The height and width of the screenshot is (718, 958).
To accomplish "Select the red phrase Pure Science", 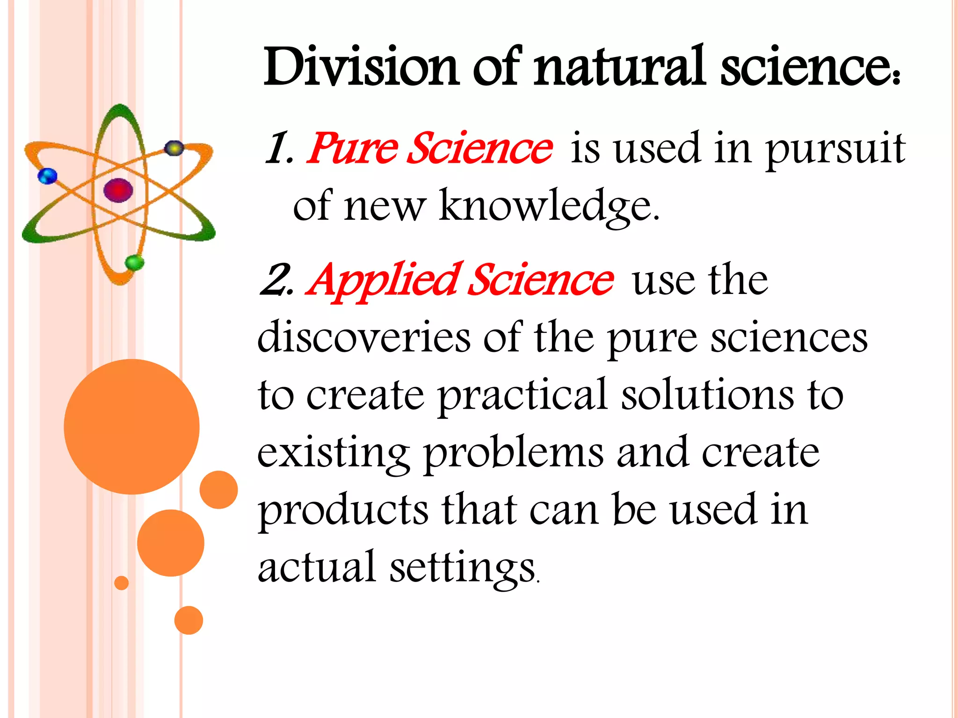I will tap(429, 149).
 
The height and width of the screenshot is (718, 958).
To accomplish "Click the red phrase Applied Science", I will tap(459, 280).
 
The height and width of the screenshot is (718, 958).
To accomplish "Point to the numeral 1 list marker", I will tap(278, 149).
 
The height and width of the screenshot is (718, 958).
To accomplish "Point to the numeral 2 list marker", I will tap(276, 280).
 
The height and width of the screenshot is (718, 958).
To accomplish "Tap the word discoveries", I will tap(364, 337).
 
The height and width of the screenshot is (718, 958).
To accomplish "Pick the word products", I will tap(343, 510).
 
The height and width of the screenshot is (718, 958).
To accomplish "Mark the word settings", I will tap(462, 567).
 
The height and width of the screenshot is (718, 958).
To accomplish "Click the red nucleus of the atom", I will tap(118, 190).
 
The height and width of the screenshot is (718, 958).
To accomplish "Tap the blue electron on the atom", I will tap(47, 177).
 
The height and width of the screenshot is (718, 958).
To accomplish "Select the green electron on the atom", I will tap(135, 262).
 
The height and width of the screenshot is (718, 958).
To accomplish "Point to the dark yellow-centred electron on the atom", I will tap(174, 148).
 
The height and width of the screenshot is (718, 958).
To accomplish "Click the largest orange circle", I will tap(132, 426).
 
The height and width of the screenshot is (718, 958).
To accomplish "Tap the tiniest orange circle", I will tap(121, 583).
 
